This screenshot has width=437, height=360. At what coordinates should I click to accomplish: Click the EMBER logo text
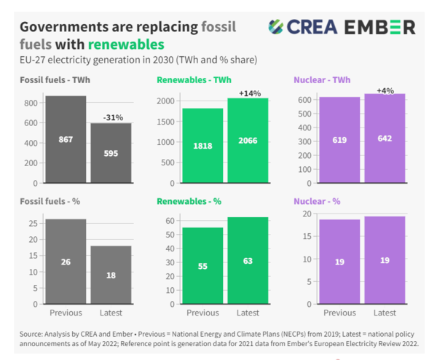(x=381, y=27)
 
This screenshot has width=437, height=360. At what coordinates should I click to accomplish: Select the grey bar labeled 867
(x=66, y=139)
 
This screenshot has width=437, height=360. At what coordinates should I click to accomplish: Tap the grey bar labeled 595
(x=111, y=153)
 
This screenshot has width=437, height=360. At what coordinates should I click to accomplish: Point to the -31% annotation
(x=111, y=117)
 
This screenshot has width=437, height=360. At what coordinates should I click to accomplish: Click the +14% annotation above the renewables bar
(x=248, y=93)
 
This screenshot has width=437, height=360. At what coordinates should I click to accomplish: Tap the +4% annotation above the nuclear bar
(x=385, y=90)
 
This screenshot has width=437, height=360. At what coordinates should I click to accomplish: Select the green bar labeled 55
(x=202, y=266)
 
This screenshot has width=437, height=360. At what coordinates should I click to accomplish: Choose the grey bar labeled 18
(x=111, y=275)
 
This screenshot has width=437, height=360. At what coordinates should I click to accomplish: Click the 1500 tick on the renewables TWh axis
(x=165, y=121)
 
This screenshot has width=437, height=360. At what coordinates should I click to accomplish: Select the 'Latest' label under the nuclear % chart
(x=385, y=313)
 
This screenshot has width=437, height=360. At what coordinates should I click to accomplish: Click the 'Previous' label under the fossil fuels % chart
(x=66, y=313)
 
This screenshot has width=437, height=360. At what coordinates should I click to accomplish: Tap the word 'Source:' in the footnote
(x=32, y=334)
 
